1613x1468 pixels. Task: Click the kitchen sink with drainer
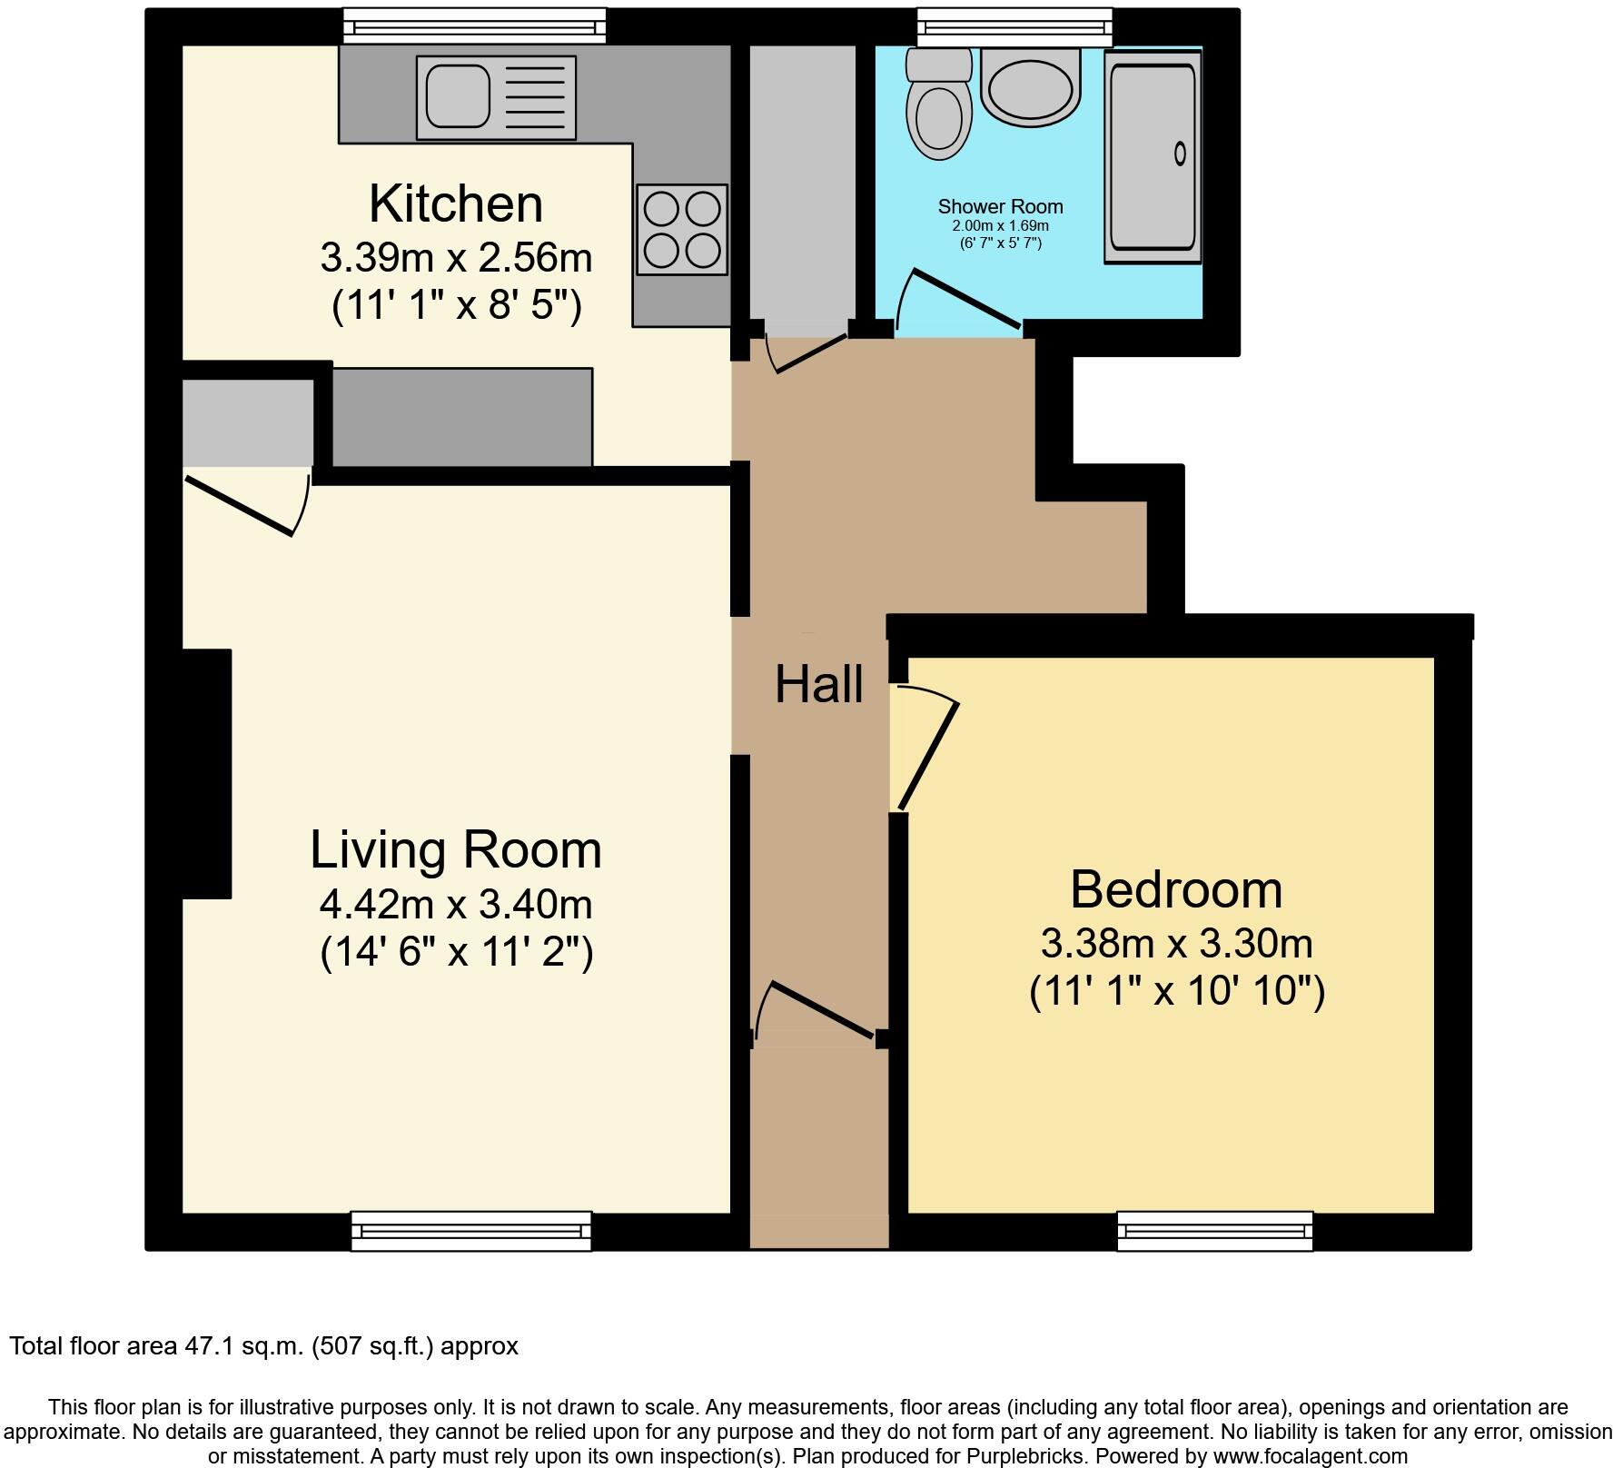click(496, 98)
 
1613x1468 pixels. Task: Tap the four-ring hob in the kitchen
click(682, 229)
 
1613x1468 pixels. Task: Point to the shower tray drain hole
click(1180, 154)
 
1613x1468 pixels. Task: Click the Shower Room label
click(1000, 206)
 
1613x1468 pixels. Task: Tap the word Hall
click(818, 684)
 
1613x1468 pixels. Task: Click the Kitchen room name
click(455, 203)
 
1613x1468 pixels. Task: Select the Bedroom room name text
click(1175, 889)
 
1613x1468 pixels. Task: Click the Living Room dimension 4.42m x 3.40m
click(455, 904)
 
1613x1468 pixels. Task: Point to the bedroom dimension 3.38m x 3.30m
click(1175, 944)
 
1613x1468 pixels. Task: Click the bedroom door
click(928, 754)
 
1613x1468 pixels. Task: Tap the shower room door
click(965, 298)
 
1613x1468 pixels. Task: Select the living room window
click(470, 1231)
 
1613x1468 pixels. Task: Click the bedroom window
click(1214, 1231)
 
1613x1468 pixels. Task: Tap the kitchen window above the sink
click(474, 26)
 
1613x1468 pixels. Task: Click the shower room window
click(1014, 26)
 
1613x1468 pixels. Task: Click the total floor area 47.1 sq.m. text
click(263, 1346)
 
